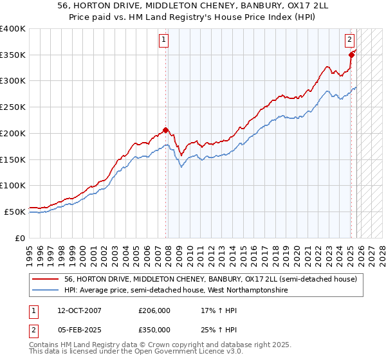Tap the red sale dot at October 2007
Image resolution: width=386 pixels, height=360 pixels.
pyautogui.click(x=166, y=130)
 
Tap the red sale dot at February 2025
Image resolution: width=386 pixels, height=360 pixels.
pyautogui.click(x=351, y=55)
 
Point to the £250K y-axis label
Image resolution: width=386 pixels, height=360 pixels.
pyautogui.click(x=13, y=107)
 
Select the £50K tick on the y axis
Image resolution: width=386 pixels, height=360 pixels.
pyautogui.click(x=15, y=212)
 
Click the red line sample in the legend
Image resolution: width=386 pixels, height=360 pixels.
pyautogui.click(x=46, y=279)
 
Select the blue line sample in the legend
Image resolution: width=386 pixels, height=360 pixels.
pyautogui.click(x=46, y=291)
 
